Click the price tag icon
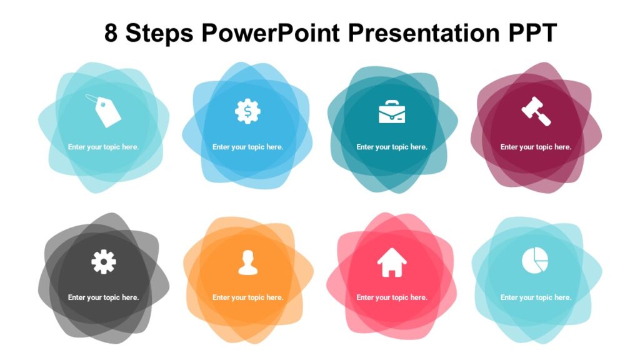[104, 111]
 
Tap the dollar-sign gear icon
[247, 111]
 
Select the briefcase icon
[392, 111]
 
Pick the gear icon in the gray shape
[104, 261]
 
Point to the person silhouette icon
[247, 262]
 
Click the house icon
[392, 262]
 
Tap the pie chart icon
[535, 260]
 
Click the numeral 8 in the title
[111, 34]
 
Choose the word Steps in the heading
[159, 34]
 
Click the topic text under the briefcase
[392, 147]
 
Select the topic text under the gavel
[536, 147]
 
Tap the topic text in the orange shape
[247, 297]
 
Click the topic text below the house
[392, 297]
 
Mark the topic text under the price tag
[104, 147]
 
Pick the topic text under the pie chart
[536, 297]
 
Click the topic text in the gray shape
[104, 297]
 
